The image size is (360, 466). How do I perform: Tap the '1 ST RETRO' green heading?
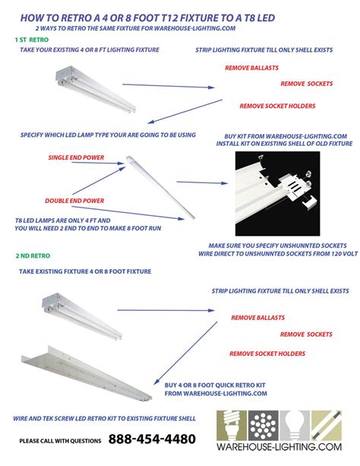tap(30, 37)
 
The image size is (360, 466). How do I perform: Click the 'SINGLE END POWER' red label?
tap(72, 157)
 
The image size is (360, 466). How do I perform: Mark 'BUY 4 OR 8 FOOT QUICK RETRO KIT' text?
tap(216, 385)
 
